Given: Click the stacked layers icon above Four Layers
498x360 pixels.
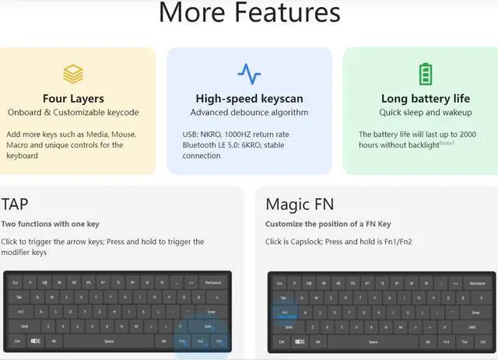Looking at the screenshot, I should click(73, 74).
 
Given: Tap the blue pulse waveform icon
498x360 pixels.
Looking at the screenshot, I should click(249, 74).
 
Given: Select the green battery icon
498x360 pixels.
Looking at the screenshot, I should click(425, 74).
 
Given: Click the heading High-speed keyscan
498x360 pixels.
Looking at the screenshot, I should click(249, 99).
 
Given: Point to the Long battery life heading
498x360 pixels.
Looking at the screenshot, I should click(425, 99).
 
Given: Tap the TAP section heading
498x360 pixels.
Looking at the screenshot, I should click(16, 204).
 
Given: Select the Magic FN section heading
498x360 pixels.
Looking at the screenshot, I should click(300, 204).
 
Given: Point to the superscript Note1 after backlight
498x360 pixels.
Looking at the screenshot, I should click(447, 143).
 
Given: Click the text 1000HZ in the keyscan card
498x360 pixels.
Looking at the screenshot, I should click(232, 135).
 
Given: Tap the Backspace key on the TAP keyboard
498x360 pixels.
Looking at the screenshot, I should click(212, 282).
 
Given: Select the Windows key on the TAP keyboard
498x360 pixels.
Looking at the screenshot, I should click(36, 341).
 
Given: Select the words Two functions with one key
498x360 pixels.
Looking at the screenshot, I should click(51, 224).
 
